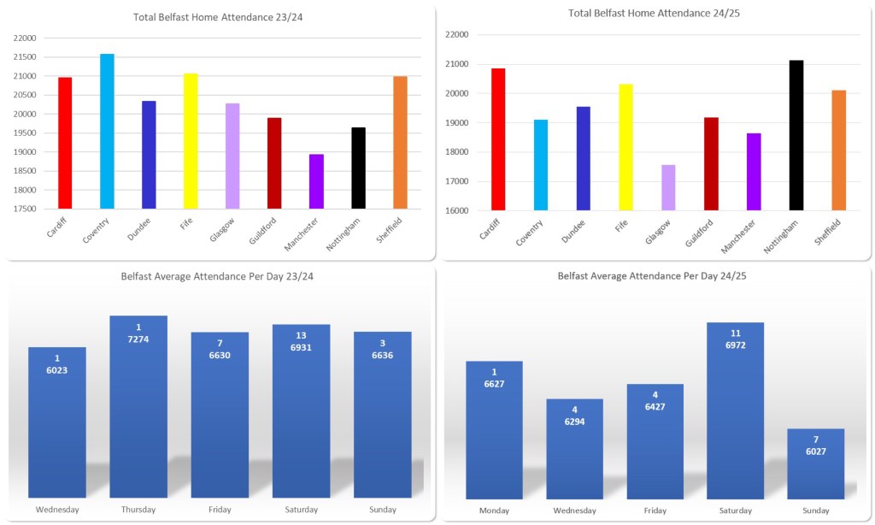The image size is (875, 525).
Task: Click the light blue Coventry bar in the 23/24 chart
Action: point(107,132)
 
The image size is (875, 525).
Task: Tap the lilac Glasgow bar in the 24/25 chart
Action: point(668,187)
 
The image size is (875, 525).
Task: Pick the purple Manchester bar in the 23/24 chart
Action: point(316,181)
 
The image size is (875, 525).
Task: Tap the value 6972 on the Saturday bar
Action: point(736,354)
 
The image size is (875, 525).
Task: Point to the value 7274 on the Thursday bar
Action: point(138,339)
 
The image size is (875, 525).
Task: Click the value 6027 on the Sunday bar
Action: point(816,452)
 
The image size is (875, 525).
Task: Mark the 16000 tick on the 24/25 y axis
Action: point(459,210)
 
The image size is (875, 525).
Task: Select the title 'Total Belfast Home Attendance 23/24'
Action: point(219,17)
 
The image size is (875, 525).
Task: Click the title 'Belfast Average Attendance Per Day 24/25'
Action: point(653,276)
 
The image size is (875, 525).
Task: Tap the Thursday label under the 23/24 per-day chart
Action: point(138,510)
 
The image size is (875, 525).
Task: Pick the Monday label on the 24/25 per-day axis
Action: point(494,510)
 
